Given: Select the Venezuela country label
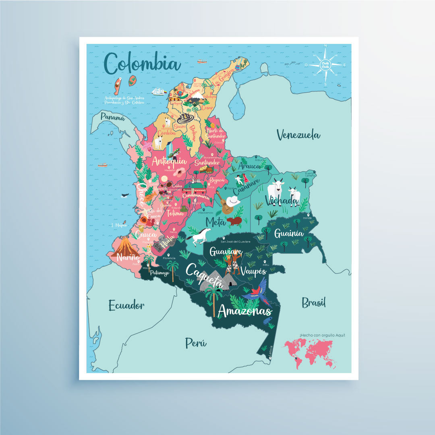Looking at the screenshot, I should click(x=298, y=135).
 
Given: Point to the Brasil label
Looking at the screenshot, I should click(x=314, y=302).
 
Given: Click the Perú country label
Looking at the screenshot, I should click(x=196, y=343).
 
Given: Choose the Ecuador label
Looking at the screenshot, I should click(x=126, y=305).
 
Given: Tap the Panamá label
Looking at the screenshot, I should click(x=112, y=117).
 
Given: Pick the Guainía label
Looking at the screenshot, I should click(x=289, y=233).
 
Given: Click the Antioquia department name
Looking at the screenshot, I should click(x=169, y=161).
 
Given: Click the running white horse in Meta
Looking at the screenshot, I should click(x=199, y=236).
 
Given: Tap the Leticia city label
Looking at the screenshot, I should click(x=271, y=352).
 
